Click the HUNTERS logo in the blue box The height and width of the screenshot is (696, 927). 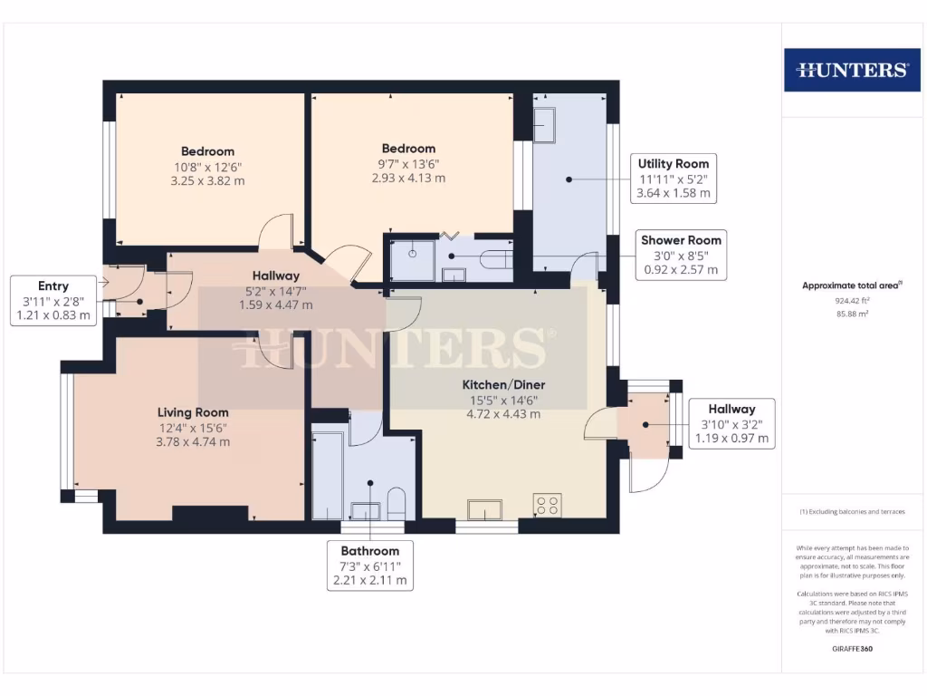click(x=851, y=70)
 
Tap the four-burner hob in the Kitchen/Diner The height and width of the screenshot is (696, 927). click(x=548, y=505)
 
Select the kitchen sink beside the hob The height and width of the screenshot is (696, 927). click(x=483, y=509)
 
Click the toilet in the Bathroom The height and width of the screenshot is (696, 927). click(x=396, y=502)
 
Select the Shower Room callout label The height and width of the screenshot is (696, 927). click(x=681, y=255)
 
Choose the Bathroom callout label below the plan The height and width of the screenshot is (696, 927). click(x=369, y=565)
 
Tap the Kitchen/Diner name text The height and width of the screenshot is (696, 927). click(x=503, y=384)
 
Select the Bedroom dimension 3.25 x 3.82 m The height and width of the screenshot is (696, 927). click(x=207, y=181)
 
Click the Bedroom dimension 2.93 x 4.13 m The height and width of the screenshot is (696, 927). click(x=408, y=179)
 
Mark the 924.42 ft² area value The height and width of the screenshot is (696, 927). click(x=851, y=299)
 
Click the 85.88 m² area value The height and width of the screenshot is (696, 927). click(x=851, y=314)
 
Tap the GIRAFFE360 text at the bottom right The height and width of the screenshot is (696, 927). click(x=851, y=649)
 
